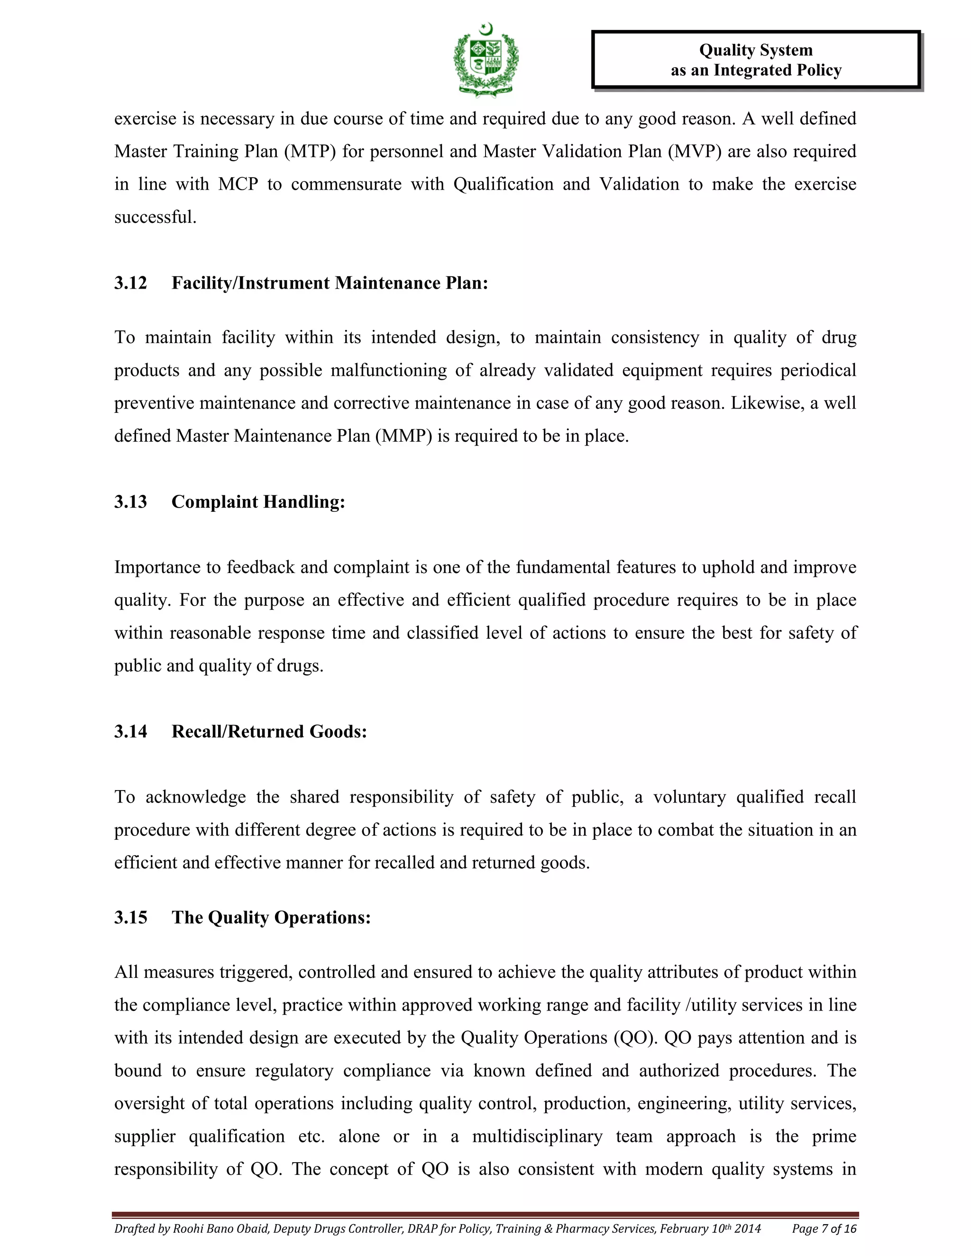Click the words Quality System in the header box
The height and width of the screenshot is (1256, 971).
pos(755,50)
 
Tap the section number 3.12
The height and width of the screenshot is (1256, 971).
pos(130,283)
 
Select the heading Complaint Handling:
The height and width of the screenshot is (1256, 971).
pos(258,501)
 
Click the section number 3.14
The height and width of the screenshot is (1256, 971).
pos(130,731)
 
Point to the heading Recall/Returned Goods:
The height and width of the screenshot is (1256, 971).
pos(269,731)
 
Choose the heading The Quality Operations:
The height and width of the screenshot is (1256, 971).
pos(271,917)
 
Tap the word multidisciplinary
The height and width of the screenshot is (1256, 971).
pos(537,1137)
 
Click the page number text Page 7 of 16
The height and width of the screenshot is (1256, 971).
pos(824,1229)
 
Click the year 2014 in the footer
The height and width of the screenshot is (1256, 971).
pos(748,1229)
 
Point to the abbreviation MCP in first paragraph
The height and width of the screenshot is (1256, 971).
pos(238,184)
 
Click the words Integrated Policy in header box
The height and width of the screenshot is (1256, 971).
pos(778,70)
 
